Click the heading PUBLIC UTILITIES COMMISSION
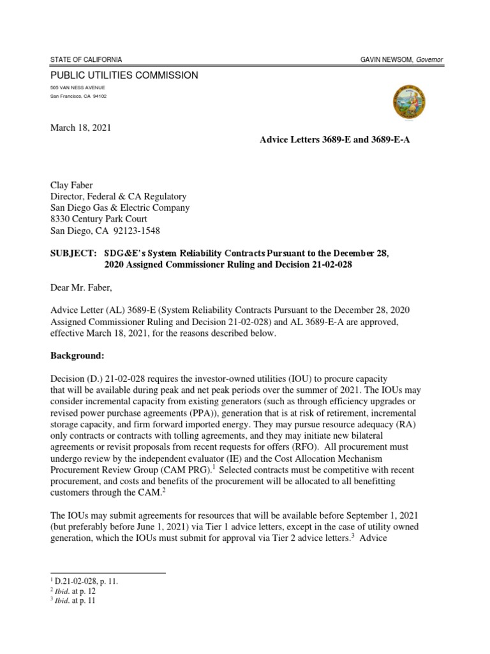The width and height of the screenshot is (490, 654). [x=124, y=75]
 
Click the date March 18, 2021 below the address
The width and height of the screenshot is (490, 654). [x=80, y=128]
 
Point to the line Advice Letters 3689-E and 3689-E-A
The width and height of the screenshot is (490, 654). [x=334, y=139]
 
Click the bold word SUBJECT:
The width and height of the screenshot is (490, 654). [x=71, y=254]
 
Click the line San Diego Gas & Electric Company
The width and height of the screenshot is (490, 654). [x=120, y=208]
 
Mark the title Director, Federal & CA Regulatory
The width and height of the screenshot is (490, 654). [x=118, y=197]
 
